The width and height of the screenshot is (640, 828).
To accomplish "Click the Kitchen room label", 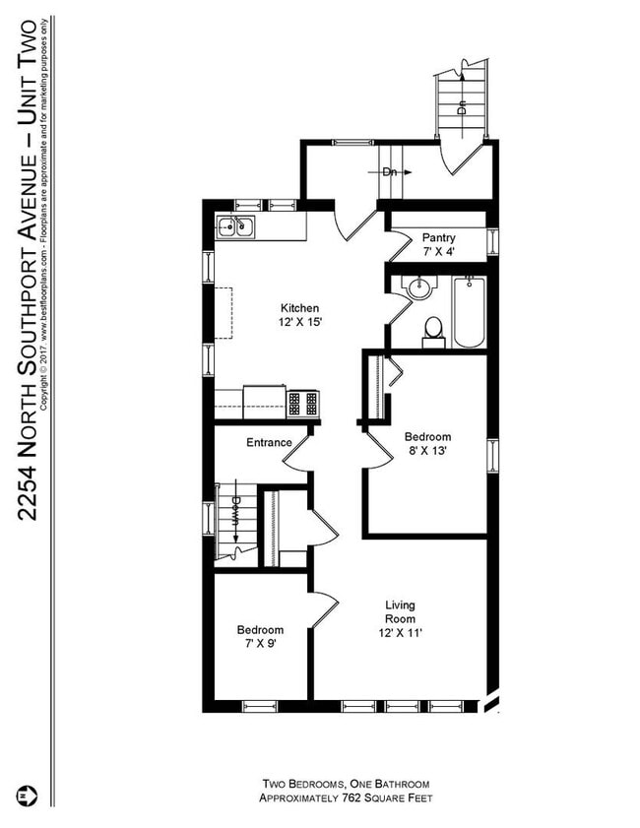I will [x=299, y=308].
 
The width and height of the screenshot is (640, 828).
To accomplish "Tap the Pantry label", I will [x=438, y=237].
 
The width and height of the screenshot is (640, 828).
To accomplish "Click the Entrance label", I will [x=269, y=442].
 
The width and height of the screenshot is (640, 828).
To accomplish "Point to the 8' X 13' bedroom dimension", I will [x=427, y=452].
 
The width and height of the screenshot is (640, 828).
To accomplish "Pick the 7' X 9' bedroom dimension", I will [x=260, y=646].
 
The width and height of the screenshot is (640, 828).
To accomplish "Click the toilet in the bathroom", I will [x=433, y=330].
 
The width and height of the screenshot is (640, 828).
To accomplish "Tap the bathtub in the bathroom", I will [x=469, y=312].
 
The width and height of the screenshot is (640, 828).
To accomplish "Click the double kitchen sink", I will [x=235, y=228].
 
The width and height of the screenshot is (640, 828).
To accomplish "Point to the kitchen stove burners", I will [x=303, y=403].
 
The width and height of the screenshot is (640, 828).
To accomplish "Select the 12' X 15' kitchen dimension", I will [x=299, y=322].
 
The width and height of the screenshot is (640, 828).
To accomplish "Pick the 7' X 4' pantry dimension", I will [x=438, y=251].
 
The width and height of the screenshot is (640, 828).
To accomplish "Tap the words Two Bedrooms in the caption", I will [x=299, y=784].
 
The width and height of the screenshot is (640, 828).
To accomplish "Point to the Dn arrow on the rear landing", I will [x=396, y=170].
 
